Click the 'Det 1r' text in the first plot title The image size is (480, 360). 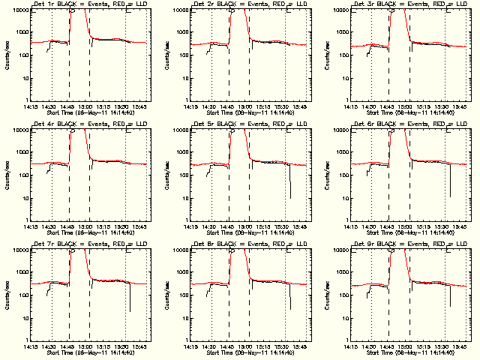[43, 4]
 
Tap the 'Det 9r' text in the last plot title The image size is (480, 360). [364, 244]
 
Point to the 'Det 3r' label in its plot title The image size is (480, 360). [364, 4]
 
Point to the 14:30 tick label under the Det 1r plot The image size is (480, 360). [49, 106]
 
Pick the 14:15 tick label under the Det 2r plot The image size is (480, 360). [191, 106]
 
